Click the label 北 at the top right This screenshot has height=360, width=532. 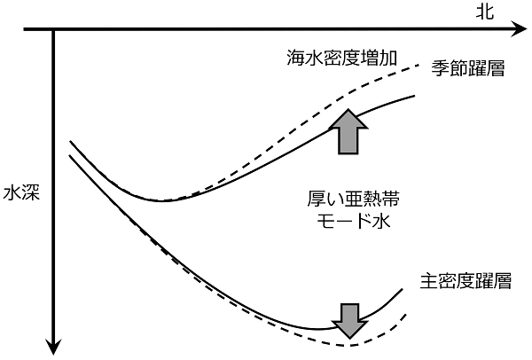pos(484,12)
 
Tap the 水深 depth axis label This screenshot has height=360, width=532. pos(21,193)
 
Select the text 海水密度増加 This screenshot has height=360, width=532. pos(341,58)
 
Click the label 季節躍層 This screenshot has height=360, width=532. pos(468,68)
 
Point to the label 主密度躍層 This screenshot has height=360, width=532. pos(465,281)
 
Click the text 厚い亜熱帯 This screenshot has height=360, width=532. pos(353,200)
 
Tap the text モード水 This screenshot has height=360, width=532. pos(353,221)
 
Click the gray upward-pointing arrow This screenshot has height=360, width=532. pos(348,131)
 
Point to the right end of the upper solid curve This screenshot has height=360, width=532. pos(415,96)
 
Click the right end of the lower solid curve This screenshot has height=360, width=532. pos(403,289)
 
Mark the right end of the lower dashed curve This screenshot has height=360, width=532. pos(406,315)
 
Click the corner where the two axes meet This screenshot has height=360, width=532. pos(53,30)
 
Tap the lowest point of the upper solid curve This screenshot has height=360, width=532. pos(162,201)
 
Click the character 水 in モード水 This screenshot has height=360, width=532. pos(381,221)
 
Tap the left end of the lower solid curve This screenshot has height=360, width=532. pos(69,155)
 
